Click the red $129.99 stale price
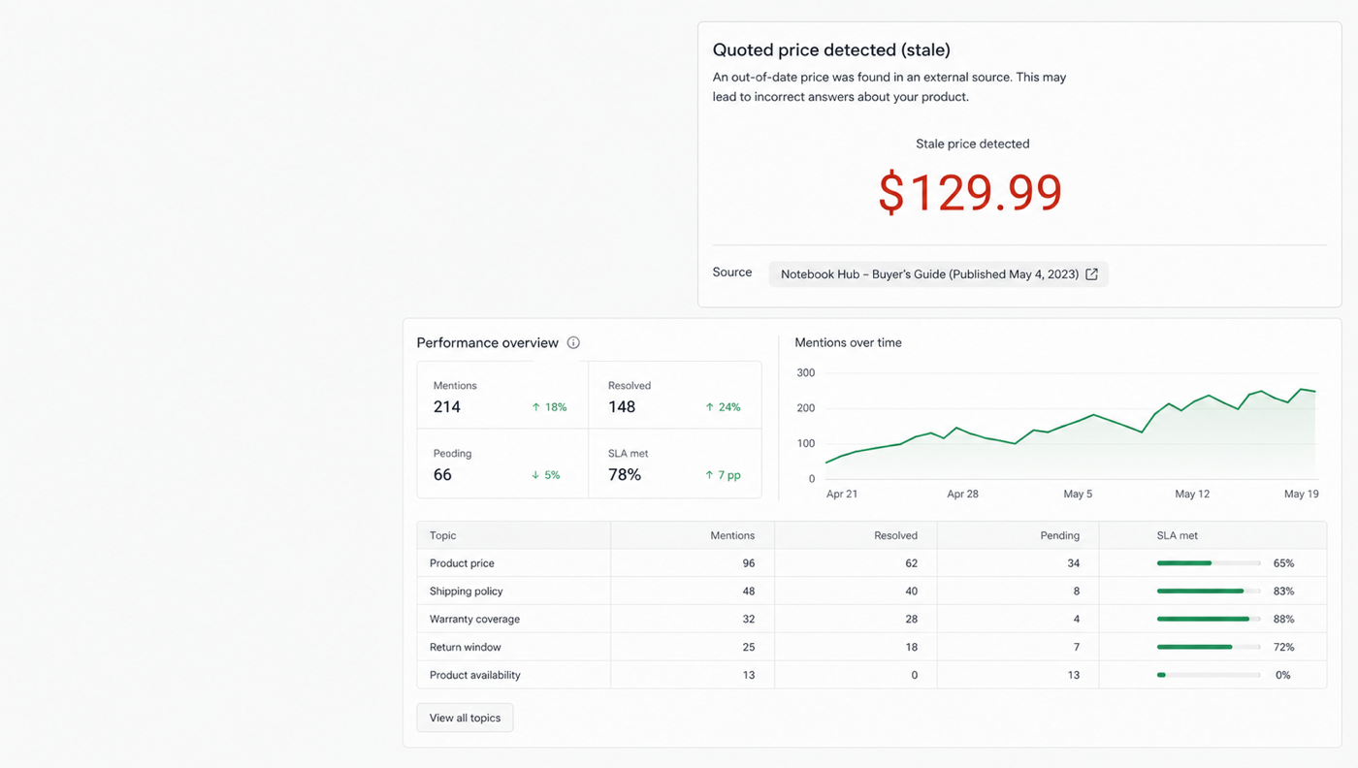[x=970, y=192]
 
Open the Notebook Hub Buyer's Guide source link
[x=938, y=274]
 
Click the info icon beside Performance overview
[x=573, y=343]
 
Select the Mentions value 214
[x=447, y=406]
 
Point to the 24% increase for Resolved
[x=723, y=407]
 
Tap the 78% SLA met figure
[x=625, y=474]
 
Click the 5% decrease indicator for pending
[x=545, y=475]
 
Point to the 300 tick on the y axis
[x=806, y=372]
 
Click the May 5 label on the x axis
[x=1078, y=494]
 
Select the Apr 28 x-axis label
[x=962, y=494]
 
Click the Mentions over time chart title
[x=848, y=342]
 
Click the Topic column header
[x=442, y=536]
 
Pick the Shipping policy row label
[x=467, y=591]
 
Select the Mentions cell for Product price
[x=749, y=563]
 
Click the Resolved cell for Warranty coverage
[x=911, y=619]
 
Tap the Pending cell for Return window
[x=1076, y=647]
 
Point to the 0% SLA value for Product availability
[x=1282, y=675]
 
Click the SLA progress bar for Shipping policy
[x=1209, y=591]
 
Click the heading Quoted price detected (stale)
[x=831, y=49]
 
